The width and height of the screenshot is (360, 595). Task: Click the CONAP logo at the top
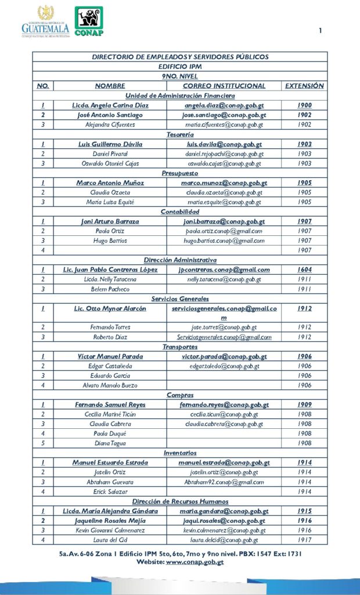point(89,21)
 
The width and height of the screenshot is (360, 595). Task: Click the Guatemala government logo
point(45,22)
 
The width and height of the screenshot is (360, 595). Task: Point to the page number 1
point(320,31)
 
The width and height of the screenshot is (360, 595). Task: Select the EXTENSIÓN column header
point(304,86)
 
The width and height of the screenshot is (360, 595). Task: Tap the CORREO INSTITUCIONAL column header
point(224,86)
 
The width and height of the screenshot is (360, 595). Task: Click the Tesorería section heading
point(180,134)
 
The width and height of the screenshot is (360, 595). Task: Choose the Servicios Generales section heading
point(180,299)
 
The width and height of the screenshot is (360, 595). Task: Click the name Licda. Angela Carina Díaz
point(110,105)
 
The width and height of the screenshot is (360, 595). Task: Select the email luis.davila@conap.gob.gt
point(224,144)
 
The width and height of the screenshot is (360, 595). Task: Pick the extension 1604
point(304,270)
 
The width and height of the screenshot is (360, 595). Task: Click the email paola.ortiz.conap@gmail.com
point(224,231)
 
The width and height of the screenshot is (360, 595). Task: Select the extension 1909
point(304,404)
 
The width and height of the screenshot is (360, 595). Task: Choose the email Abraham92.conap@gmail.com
point(224,482)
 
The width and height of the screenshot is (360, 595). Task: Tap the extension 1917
point(304,540)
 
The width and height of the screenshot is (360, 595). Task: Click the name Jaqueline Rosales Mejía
point(110,521)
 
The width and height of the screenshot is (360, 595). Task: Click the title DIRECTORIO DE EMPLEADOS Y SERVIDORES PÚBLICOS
point(180,57)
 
